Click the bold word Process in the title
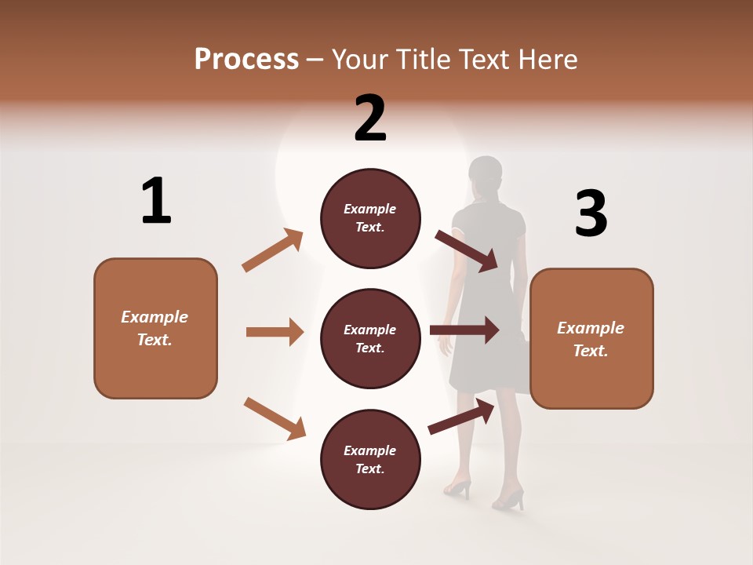pyautogui.click(x=246, y=59)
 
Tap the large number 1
pyautogui.click(x=156, y=201)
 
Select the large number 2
pyautogui.click(x=370, y=118)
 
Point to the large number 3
pyautogui.click(x=591, y=213)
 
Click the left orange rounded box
pyautogui.click(x=155, y=328)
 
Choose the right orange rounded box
pyautogui.click(x=591, y=338)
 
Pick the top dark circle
pyautogui.click(x=370, y=218)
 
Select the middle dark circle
pyautogui.click(x=370, y=338)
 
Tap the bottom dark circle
pyautogui.click(x=370, y=459)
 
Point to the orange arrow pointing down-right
pyautogui.click(x=275, y=418)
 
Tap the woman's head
pyautogui.click(x=485, y=174)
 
